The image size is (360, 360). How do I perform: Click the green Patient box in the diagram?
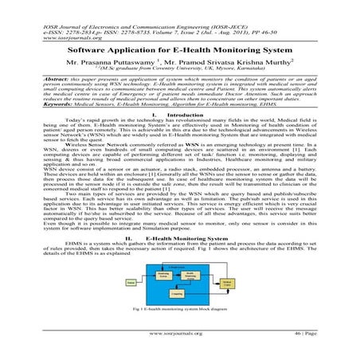[131, 283]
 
